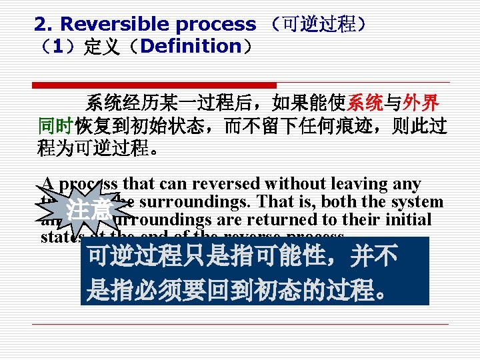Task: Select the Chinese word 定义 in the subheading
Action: point(99,47)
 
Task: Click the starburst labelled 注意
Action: point(91,211)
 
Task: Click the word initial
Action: point(408,219)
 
